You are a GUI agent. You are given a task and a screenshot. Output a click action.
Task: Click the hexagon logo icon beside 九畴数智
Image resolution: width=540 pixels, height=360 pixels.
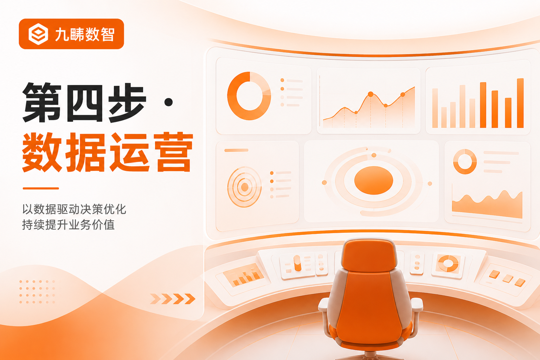click(38, 34)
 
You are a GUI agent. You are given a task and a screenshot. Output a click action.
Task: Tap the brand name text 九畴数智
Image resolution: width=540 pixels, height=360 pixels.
click(85, 34)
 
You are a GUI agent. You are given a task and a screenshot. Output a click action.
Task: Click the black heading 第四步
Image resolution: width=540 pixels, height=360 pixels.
click(84, 102)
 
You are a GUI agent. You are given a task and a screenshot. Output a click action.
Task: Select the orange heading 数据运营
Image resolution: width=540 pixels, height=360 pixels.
click(108, 152)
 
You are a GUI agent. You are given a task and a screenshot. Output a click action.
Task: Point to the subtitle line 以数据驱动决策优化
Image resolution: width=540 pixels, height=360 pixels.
click(74, 209)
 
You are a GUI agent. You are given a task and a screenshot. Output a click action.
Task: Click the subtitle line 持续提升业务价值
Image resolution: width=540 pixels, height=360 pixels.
click(69, 225)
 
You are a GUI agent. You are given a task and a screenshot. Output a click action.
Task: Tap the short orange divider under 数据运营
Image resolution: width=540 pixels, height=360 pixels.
click(41, 188)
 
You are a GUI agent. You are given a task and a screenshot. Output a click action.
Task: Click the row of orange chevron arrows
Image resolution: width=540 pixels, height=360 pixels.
click(173, 299)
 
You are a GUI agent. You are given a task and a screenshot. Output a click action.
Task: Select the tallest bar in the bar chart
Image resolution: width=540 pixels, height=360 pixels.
click(520, 103)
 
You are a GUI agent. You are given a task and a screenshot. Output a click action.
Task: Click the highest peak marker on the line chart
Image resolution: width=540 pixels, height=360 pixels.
click(371, 94)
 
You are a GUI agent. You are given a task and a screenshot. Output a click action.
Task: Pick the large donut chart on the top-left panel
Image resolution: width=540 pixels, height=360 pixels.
click(249, 96)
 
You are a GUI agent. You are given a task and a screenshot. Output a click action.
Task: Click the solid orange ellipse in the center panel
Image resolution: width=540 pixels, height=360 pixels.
click(374, 180)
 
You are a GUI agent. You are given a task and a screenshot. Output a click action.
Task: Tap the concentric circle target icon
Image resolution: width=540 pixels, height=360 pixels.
click(244, 187)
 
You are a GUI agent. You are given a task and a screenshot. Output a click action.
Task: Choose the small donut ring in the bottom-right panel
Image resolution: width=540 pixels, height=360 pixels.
click(465, 161)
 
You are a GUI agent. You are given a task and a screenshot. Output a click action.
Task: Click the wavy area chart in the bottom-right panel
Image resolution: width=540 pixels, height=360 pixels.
click(487, 205)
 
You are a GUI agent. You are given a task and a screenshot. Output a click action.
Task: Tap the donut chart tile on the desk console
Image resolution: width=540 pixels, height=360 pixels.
click(448, 264)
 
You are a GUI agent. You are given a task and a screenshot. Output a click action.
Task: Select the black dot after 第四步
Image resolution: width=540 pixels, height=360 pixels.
click(168, 102)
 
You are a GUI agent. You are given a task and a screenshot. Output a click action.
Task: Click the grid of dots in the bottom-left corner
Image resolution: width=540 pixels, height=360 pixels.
click(37, 292)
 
